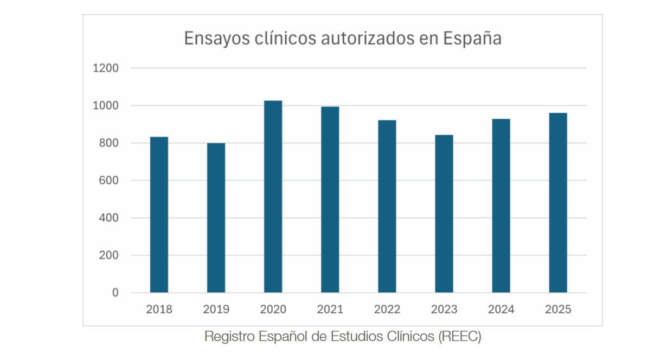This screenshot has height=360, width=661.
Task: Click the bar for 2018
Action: tap(159, 215)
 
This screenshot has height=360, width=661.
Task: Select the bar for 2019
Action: tap(216, 218)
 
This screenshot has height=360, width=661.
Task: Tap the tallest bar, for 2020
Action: tap(273, 197)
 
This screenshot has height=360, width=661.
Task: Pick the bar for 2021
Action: tap(330, 200)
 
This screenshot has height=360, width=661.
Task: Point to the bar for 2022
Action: tap(387, 207)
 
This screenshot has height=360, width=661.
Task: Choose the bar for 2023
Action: tap(444, 214)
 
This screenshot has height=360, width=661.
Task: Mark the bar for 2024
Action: tap(501, 206)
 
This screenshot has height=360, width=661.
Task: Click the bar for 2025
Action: tap(558, 203)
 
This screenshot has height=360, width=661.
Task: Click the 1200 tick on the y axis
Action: tap(106, 68)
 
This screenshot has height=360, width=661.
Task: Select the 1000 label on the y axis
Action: tap(106, 106)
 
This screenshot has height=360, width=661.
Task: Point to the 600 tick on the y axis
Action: tap(108, 181)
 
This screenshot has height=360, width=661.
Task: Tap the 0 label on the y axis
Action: tap(115, 293)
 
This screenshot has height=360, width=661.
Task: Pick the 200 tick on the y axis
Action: tap(108, 255)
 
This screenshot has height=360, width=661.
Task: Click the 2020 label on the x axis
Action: tap(273, 310)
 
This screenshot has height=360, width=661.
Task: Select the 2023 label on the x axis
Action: tap(444, 310)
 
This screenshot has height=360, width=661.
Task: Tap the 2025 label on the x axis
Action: tap(558, 310)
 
